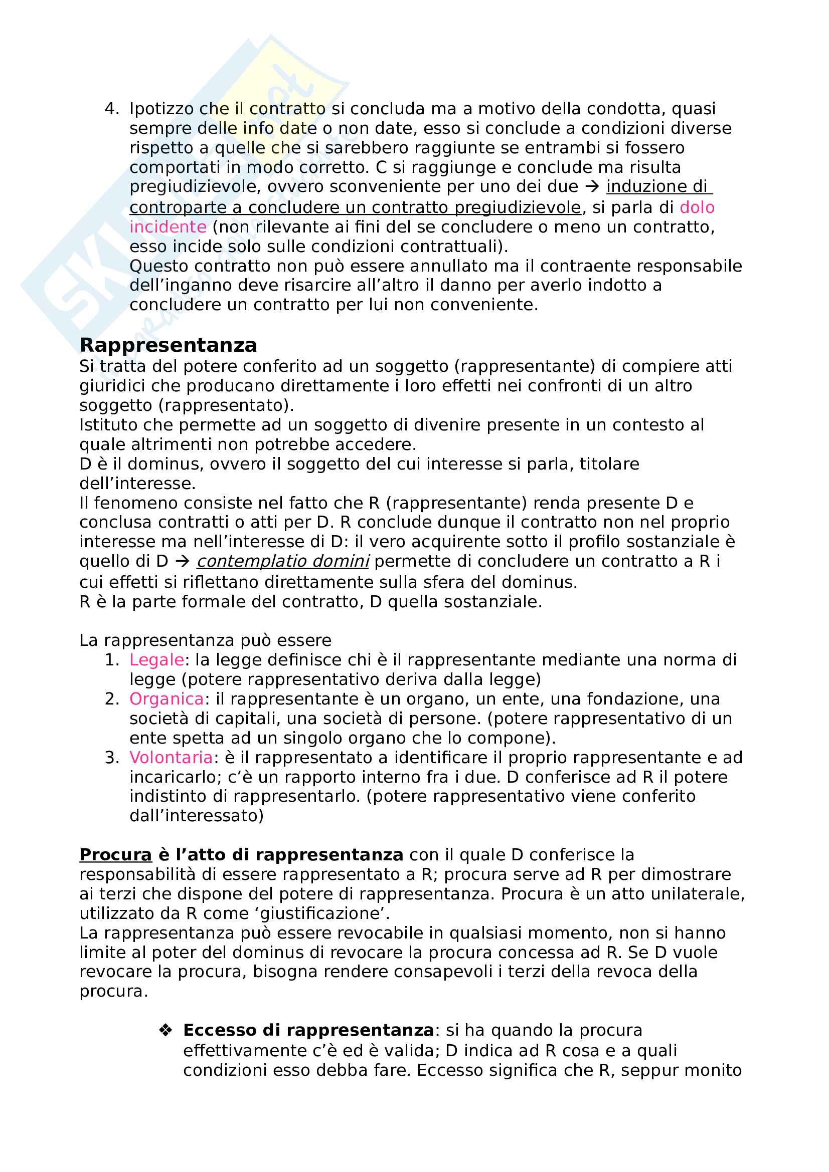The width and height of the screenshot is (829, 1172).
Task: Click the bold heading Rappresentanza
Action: pos(168,346)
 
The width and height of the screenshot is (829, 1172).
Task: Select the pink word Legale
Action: pos(156,660)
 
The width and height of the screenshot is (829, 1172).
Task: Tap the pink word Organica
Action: pos(167,699)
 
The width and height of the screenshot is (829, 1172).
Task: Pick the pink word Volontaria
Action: pos(171,758)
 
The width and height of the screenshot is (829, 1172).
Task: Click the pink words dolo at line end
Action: pos(697,207)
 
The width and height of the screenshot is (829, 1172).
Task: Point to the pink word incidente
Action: pos(168,226)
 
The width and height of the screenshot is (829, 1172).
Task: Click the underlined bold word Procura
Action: pos(115,855)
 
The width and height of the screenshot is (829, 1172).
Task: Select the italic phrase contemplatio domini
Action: pos(282,562)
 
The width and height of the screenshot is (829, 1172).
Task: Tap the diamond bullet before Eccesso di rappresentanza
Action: pos(165,1030)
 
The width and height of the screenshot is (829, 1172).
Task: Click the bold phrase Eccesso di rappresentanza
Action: pos(308,1030)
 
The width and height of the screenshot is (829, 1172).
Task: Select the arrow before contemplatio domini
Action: pos(182,562)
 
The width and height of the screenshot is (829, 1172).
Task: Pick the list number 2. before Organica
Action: pos(111,699)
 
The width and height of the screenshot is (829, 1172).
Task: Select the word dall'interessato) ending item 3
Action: pos(196,816)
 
